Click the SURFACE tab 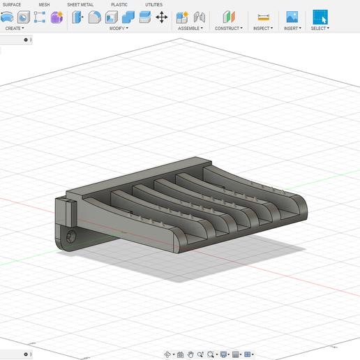point(12,4)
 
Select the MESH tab point(44,4)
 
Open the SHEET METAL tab point(80,4)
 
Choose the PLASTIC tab point(119,4)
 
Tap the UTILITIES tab point(153,4)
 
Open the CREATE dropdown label point(14,29)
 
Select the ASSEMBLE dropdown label point(190,29)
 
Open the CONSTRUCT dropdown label point(228,29)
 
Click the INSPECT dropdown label point(263,29)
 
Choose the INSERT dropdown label point(292,29)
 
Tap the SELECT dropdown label point(320,29)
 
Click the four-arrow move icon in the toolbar point(162,17)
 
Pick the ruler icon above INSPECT point(263,17)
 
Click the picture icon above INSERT point(292,17)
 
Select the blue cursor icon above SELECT point(320,17)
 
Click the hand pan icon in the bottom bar point(190,354)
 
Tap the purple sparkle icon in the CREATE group point(57,17)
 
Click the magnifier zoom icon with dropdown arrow point(210,354)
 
